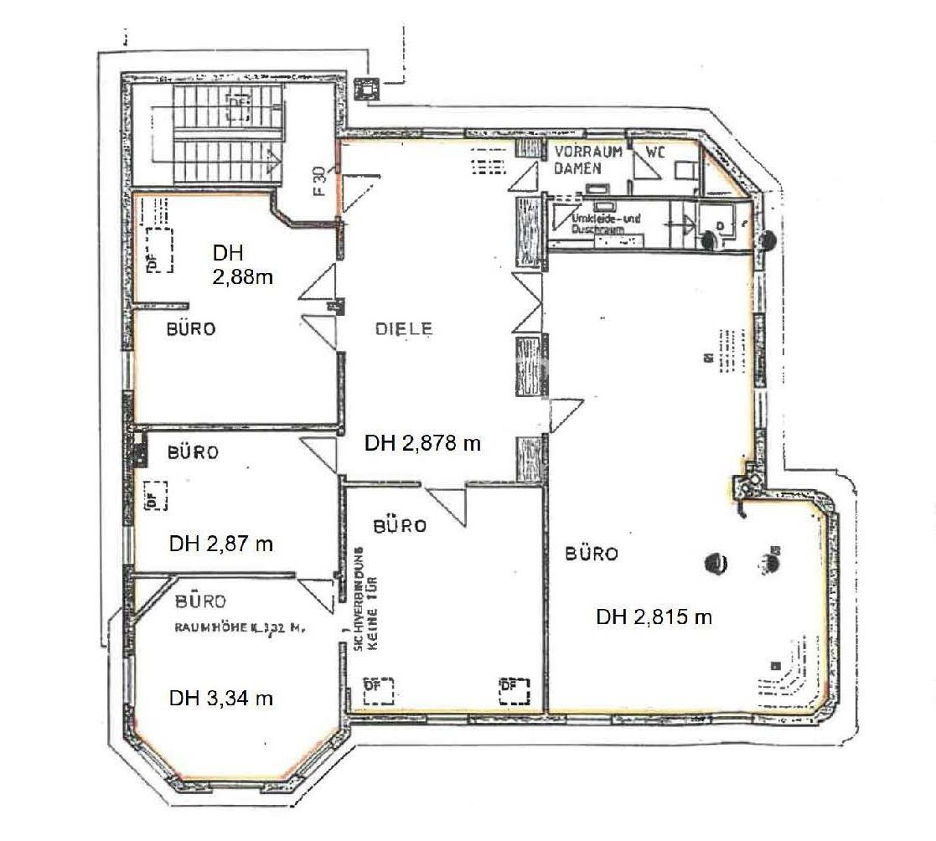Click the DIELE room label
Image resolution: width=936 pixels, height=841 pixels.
tap(404, 329)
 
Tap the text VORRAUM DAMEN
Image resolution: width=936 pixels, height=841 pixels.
tap(587, 160)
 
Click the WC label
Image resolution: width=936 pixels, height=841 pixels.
tap(655, 152)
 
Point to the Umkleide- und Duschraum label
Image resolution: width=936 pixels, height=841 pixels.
tap(605, 223)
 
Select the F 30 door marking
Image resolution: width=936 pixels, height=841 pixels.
tap(319, 180)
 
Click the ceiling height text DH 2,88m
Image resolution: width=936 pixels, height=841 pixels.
tap(242, 265)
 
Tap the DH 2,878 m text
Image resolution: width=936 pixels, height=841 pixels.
tap(422, 444)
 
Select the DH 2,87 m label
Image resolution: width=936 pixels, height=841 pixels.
tap(221, 544)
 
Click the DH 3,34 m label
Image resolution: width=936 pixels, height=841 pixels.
tap(221, 698)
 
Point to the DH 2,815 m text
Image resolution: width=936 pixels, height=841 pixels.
tap(654, 617)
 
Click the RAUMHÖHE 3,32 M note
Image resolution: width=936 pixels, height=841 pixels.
tap(236, 627)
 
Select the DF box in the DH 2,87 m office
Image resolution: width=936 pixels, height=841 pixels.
tap(155, 495)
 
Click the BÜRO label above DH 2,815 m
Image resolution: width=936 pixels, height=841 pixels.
tap(592, 554)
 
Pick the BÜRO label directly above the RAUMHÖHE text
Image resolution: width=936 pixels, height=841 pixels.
tap(201, 601)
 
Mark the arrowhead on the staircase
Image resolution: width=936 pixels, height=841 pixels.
tap(274, 157)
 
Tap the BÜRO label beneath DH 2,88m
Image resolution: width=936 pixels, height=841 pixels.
tap(190, 329)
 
